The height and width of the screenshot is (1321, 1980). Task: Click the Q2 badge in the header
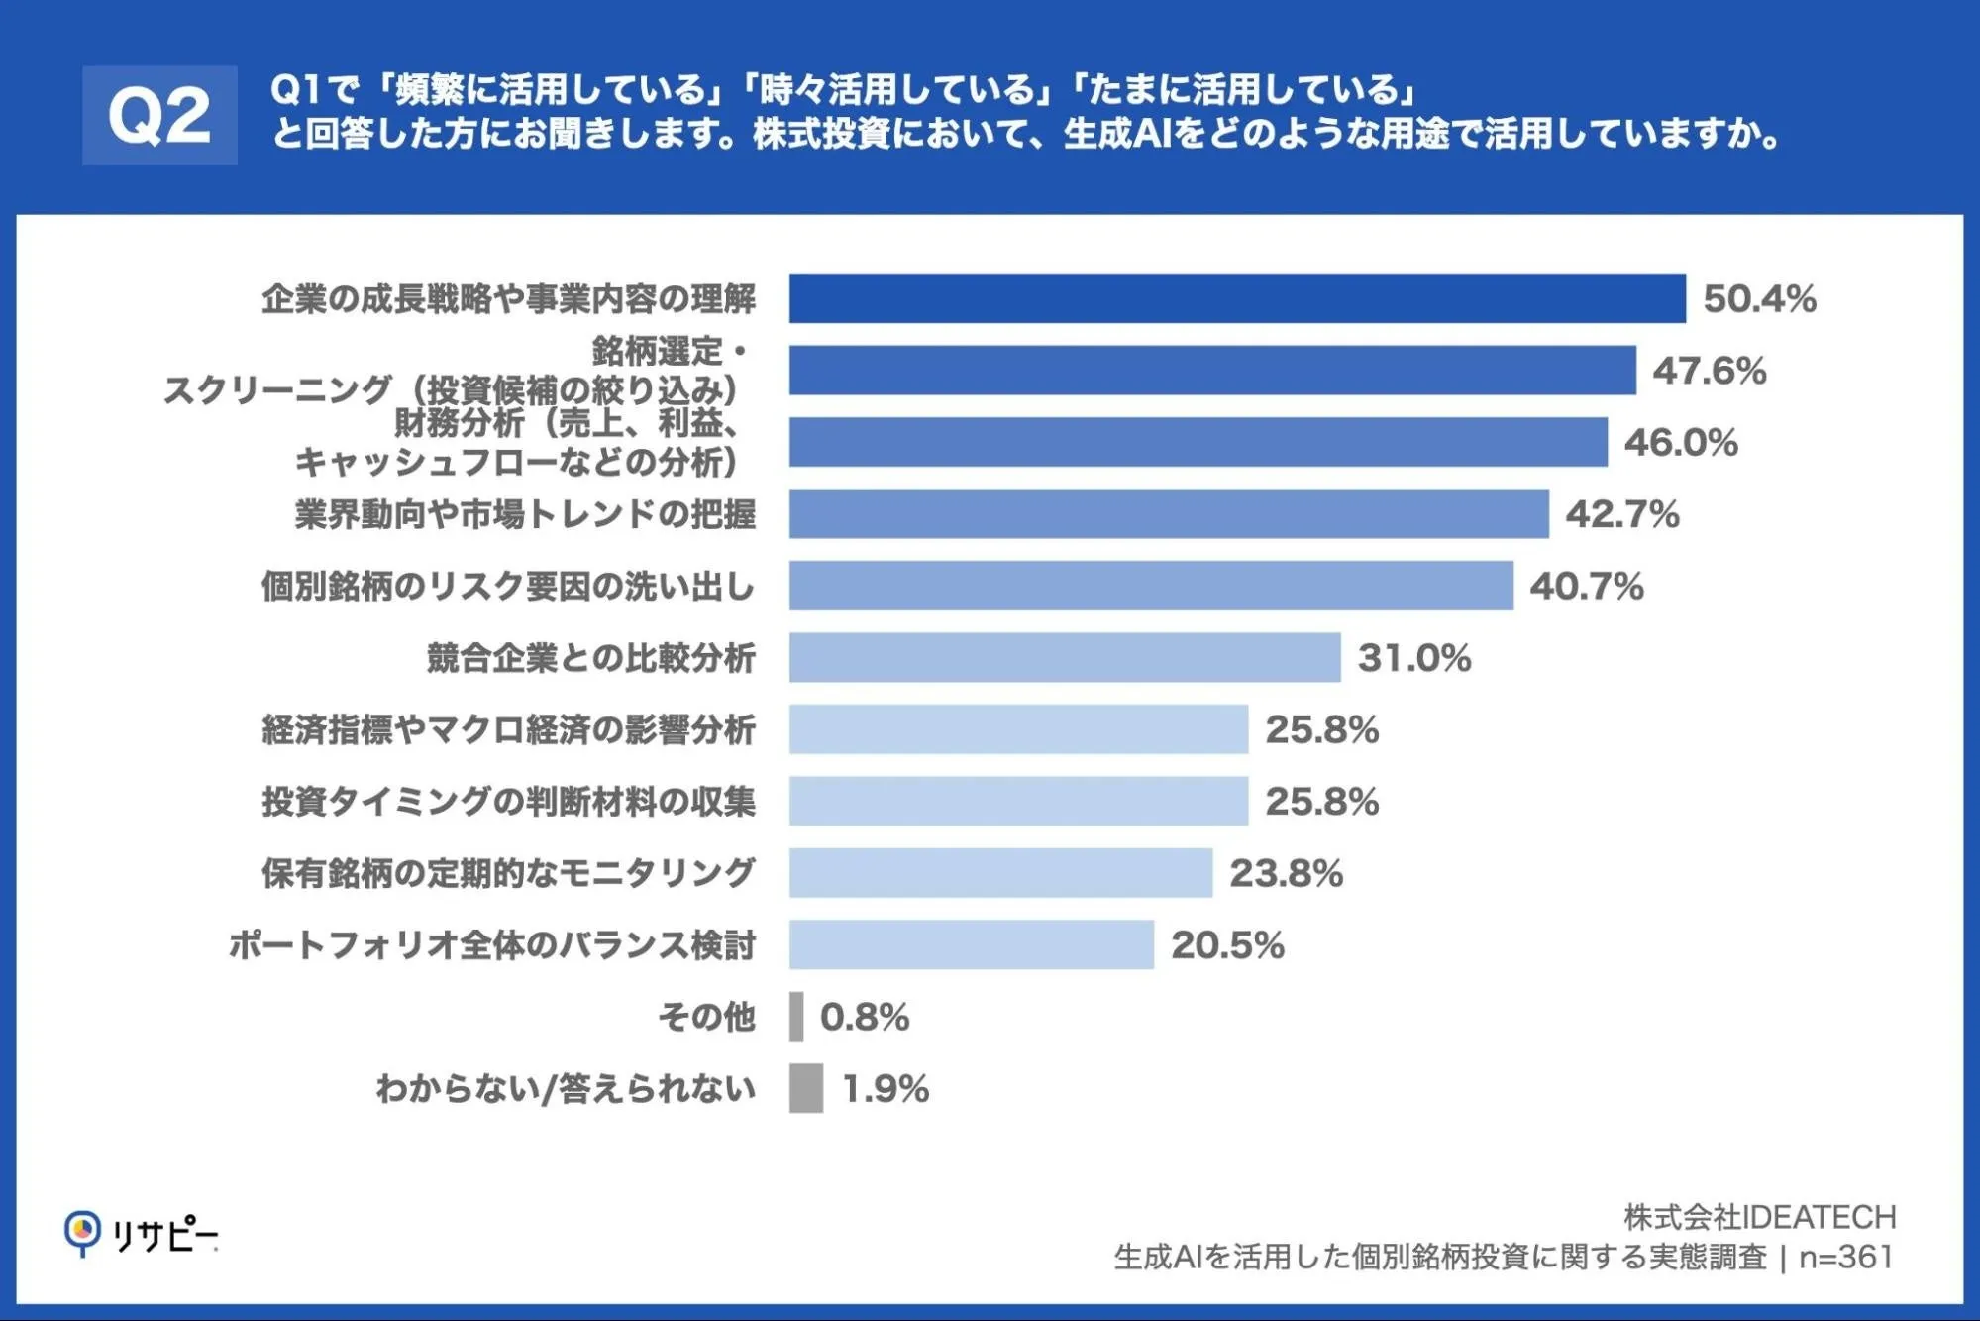coord(159,115)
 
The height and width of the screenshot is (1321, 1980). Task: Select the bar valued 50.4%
coord(1237,298)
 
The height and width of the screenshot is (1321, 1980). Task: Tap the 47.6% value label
coord(1710,371)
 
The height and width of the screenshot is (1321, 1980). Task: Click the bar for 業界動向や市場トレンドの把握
coord(1169,513)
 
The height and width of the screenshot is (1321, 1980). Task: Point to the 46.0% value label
coord(1681,442)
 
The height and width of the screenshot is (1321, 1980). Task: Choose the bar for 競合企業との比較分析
coord(1065,657)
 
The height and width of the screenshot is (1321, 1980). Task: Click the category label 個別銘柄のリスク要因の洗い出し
coord(508,586)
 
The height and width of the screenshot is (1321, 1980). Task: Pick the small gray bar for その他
coord(796,1017)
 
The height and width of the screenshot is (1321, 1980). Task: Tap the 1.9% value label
coord(886,1089)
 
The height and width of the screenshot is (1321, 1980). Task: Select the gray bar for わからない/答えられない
coord(806,1088)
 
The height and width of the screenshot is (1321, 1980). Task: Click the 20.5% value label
coord(1228,945)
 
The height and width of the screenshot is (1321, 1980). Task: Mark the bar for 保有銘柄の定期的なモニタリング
coord(1000,872)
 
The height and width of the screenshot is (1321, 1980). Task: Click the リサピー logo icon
coord(82,1233)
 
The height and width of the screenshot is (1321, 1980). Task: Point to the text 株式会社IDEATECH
coord(1760,1217)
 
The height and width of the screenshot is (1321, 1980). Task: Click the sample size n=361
coord(1846,1258)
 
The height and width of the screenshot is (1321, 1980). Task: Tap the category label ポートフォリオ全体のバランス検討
coord(492,944)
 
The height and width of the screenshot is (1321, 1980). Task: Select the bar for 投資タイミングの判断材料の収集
coord(1018,801)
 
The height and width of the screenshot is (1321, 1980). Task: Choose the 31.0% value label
coord(1414,658)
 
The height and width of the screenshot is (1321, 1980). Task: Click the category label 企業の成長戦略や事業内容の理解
coord(508,298)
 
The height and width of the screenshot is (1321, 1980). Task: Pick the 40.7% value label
coord(1587,586)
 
